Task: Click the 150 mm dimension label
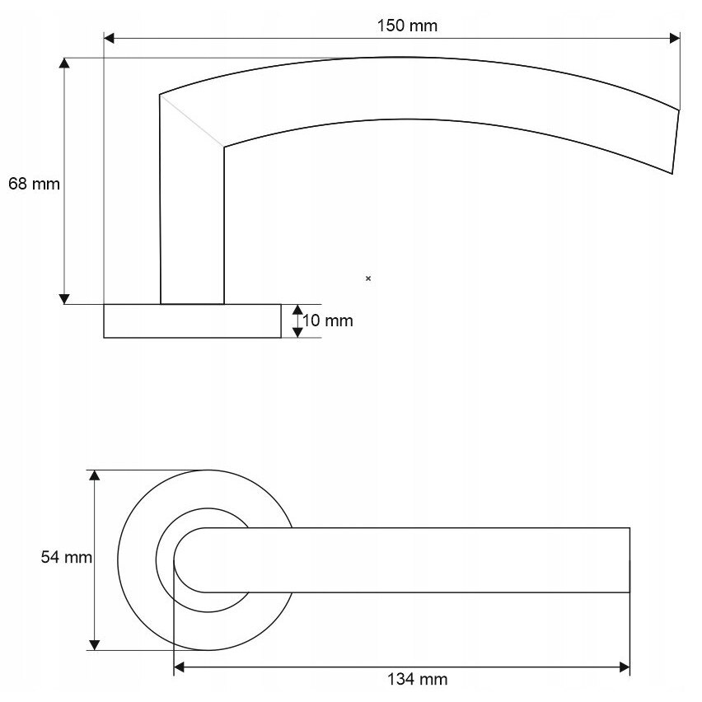(x=407, y=26)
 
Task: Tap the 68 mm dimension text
(x=34, y=184)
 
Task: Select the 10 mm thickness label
(x=328, y=321)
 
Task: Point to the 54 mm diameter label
(x=66, y=557)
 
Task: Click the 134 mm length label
(x=417, y=679)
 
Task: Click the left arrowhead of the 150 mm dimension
(x=109, y=38)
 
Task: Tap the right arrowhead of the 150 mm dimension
(x=675, y=38)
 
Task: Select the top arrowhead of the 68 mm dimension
(x=64, y=63)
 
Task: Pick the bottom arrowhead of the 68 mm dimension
(x=64, y=299)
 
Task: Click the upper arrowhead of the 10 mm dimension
(x=297, y=309)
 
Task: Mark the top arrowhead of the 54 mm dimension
(x=94, y=475)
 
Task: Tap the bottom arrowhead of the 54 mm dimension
(x=94, y=645)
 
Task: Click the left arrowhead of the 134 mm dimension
(x=179, y=667)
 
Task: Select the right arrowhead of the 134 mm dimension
(x=625, y=667)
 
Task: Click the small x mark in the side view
(x=368, y=278)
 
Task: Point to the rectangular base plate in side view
(x=193, y=321)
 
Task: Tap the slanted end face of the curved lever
(x=676, y=142)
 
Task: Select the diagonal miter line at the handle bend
(x=192, y=120)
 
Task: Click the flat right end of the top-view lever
(x=629, y=560)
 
